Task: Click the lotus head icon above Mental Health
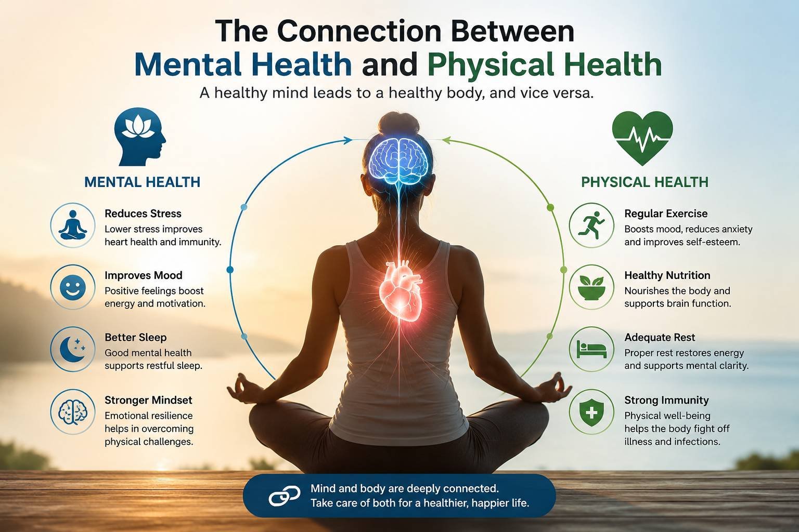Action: tap(140, 137)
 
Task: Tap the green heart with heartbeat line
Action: tap(642, 138)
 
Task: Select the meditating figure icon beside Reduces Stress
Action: tap(73, 225)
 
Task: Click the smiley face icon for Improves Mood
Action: tap(73, 287)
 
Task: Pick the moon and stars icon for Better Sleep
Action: tap(73, 349)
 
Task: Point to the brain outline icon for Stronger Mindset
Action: tap(73, 412)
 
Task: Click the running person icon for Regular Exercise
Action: tap(591, 225)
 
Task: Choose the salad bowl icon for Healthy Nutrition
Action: tap(591, 287)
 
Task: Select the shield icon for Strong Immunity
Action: tap(591, 413)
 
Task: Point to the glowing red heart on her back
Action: tap(401, 291)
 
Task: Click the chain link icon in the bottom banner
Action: tap(284, 496)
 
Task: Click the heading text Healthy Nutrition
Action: tap(667, 275)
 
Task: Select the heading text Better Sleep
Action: tap(136, 338)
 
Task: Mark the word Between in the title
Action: tap(512, 31)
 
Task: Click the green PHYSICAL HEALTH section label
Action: tap(645, 182)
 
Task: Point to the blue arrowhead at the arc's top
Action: tap(347, 140)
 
